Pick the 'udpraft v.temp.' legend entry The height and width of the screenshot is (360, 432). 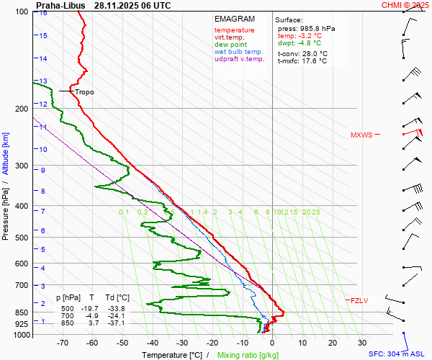(x=240, y=60)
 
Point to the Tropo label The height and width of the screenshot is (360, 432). (x=84, y=92)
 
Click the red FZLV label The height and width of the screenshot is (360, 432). (x=359, y=300)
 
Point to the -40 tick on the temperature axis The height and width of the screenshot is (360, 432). (x=152, y=343)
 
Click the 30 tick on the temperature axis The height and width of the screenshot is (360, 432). (x=362, y=343)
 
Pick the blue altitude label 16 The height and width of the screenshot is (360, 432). (x=43, y=13)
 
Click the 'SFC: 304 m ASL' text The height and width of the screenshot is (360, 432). (x=399, y=354)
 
